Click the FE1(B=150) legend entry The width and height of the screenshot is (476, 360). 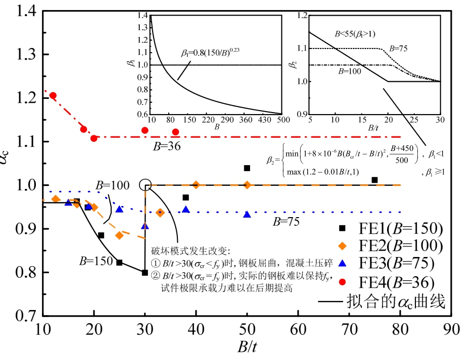coord(387,228)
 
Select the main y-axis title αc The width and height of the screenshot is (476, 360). coord(11,170)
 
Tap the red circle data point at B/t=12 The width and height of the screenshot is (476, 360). coord(53,95)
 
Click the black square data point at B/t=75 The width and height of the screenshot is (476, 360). coord(374,180)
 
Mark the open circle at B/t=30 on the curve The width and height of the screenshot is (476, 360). coord(145,185)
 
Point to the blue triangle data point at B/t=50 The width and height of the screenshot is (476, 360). coord(247,215)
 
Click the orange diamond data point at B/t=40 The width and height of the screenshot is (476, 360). coord(196,185)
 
